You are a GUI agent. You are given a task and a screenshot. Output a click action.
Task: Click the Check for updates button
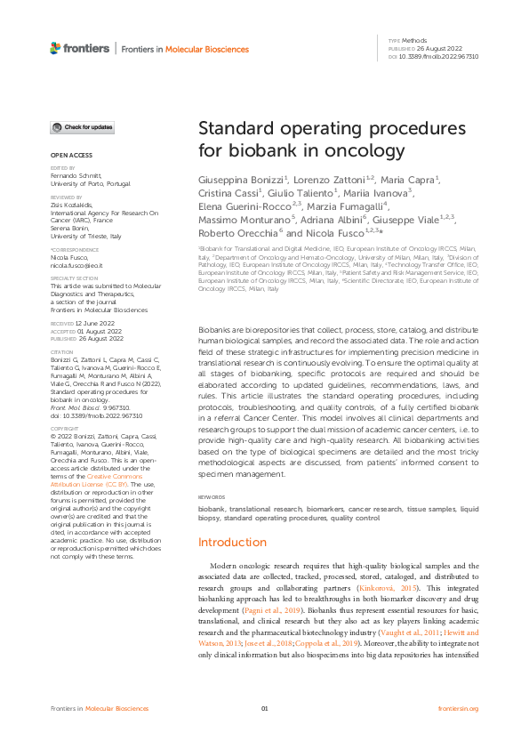[82, 127]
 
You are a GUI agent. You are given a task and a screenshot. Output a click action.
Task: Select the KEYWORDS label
[211, 496]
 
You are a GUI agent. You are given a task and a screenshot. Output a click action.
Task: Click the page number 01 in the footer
[264, 708]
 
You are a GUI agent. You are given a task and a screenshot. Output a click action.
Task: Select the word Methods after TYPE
[414, 42]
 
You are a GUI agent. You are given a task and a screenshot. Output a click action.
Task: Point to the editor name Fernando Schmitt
[78, 176]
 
